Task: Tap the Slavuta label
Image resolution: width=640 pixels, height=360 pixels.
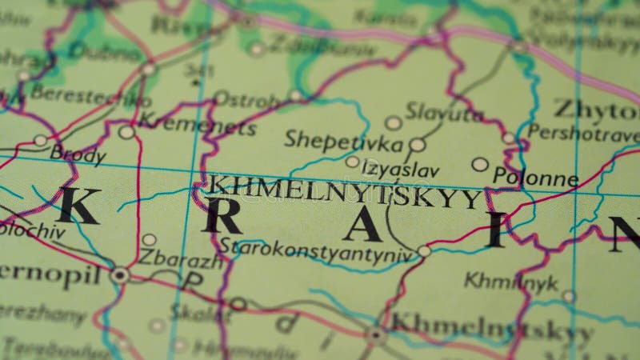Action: pos(444,112)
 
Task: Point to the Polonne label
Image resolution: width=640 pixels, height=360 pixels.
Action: pos(535,178)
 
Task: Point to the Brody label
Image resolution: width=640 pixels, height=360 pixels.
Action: pos(78,153)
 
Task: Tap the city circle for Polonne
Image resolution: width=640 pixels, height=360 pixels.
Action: pos(480,164)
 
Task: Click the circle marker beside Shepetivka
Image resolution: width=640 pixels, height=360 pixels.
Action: pos(417,145)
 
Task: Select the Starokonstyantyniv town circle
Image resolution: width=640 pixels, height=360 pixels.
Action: pos(424,251)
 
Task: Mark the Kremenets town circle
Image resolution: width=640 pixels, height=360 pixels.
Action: pos(126,132)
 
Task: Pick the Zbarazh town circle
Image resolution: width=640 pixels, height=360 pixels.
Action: pos(149,239)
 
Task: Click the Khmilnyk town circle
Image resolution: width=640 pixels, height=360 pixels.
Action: pos(568,296)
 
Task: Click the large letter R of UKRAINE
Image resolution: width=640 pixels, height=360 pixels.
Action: pos(221,213)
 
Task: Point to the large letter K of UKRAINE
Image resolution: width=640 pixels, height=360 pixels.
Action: pos(78,206)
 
